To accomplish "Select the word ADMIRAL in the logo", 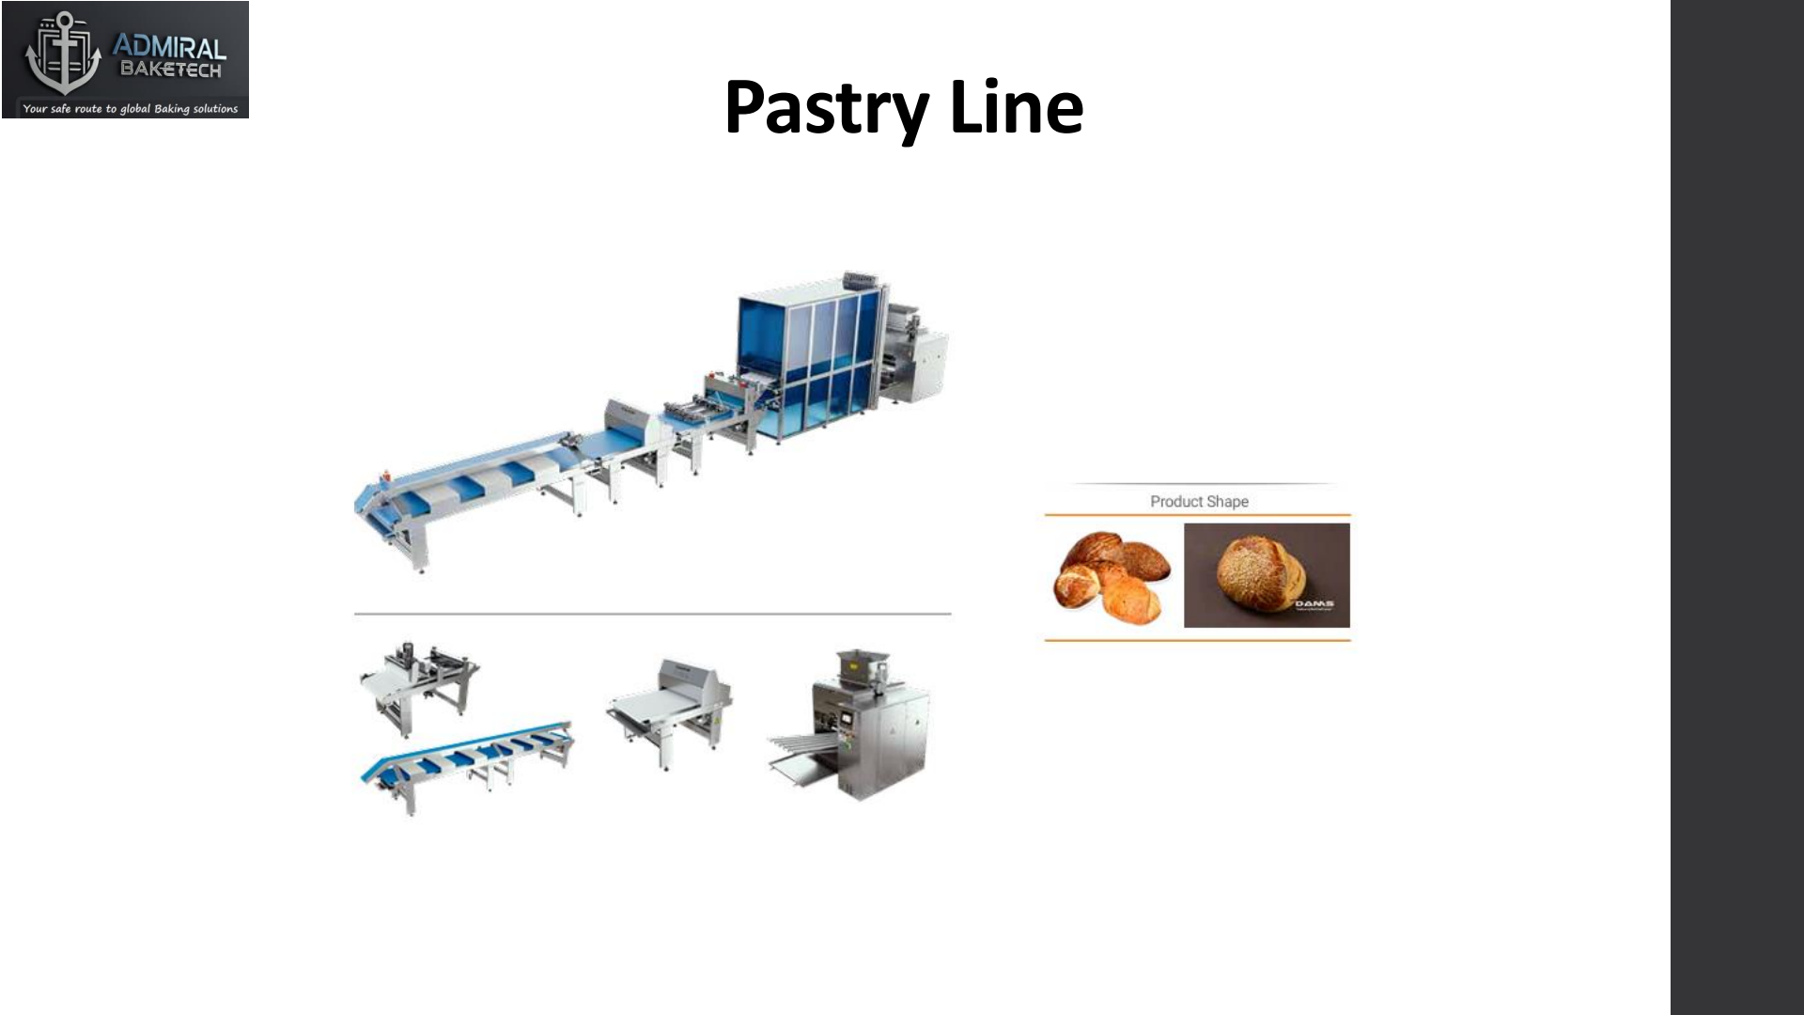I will coord(169,48).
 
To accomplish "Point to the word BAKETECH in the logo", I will coord(170,70).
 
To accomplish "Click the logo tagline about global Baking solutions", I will coord(130,109).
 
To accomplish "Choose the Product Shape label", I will coord(1199,502).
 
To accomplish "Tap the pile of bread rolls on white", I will coord(1112,575).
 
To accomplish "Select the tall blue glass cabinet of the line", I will coord(810,362).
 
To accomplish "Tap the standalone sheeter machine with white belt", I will coord(670,710).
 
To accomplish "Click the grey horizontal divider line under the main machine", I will coord(652,614).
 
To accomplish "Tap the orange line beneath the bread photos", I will coord(1197,641).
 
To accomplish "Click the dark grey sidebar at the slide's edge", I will coord(1736,507).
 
